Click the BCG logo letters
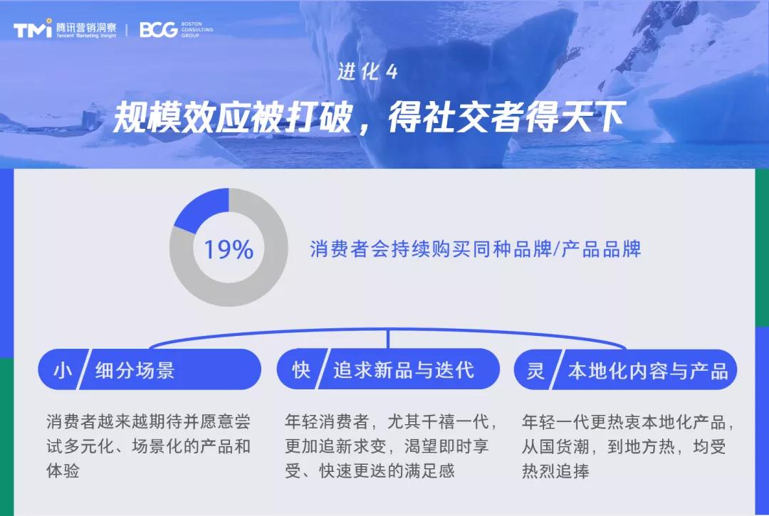158,29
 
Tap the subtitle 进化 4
367,72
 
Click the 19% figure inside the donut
229,250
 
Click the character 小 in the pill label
62,369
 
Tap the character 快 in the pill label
301,369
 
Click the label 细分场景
135,370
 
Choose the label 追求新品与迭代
403,370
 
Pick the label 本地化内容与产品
647,370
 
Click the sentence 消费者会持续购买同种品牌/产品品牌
476,249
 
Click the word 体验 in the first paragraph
63,471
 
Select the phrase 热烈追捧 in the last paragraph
555,471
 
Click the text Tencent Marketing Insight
86,35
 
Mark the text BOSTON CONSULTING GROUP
197,29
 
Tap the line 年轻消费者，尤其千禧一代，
391,422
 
